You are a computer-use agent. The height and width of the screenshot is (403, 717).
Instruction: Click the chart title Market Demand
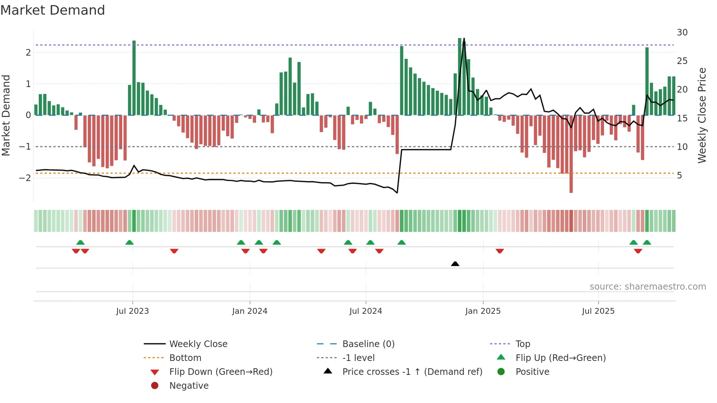click(x=53, y=10)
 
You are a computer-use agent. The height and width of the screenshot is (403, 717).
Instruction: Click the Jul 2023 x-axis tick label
click(x=132, y=311)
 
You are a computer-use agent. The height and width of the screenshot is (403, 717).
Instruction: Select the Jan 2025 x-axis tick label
click(x=483, y=311)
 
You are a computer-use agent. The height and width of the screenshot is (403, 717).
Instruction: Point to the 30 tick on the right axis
click(x=682, y=33)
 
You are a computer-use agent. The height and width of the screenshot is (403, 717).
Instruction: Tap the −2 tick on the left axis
click(x=25, y=178)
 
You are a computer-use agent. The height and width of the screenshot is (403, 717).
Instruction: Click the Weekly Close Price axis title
click(x=702, y=115)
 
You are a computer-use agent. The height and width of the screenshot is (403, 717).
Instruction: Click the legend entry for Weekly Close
click(x=198, y=344)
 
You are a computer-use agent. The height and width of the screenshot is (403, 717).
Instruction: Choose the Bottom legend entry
click(x=185, y=358)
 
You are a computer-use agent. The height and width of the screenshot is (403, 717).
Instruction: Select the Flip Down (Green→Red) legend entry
click(x=221, y=372)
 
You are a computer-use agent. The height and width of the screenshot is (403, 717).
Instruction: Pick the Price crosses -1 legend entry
click(x=412, y=372)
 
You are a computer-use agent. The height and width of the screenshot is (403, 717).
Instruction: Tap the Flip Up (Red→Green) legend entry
click(x=560, y=358)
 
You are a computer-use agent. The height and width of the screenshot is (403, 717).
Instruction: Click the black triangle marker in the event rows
click(x=455, y=264)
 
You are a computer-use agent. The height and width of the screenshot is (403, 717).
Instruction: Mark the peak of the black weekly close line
click(x=464, y=39)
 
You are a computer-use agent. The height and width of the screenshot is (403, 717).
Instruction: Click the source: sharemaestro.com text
click(x=647, y=287)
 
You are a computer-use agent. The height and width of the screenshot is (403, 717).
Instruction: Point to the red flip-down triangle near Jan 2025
click(x=500, y=251)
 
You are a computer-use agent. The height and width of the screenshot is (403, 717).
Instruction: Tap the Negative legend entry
click(x=189, y=386)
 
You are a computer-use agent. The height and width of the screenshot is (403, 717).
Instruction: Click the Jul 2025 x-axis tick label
click(x=598, y=311)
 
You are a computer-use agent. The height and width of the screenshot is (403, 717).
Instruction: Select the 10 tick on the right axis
click(x=682, y=147)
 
